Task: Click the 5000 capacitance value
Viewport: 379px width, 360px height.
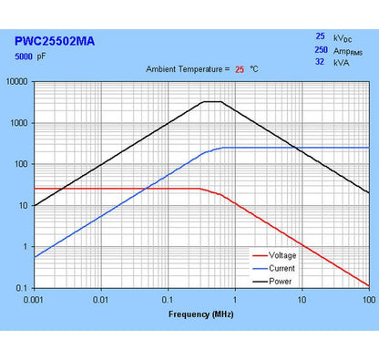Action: (26, 57)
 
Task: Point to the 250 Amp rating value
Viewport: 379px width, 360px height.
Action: (321, 51)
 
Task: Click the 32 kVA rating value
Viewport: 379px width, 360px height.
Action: (321, 64)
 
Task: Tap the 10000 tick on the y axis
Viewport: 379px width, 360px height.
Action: (18, 82)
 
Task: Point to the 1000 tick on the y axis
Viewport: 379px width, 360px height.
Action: (20, 123)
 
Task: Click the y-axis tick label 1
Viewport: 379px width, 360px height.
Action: (27, 247)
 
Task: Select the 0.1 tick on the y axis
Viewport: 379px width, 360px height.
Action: (24, 288)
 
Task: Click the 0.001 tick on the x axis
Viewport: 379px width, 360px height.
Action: (35, 299)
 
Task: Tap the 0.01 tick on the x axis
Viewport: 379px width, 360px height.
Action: (101, 299)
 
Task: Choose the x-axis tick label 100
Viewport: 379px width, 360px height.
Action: (366, 299)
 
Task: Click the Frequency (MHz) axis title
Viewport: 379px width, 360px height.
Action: (200, 314)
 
